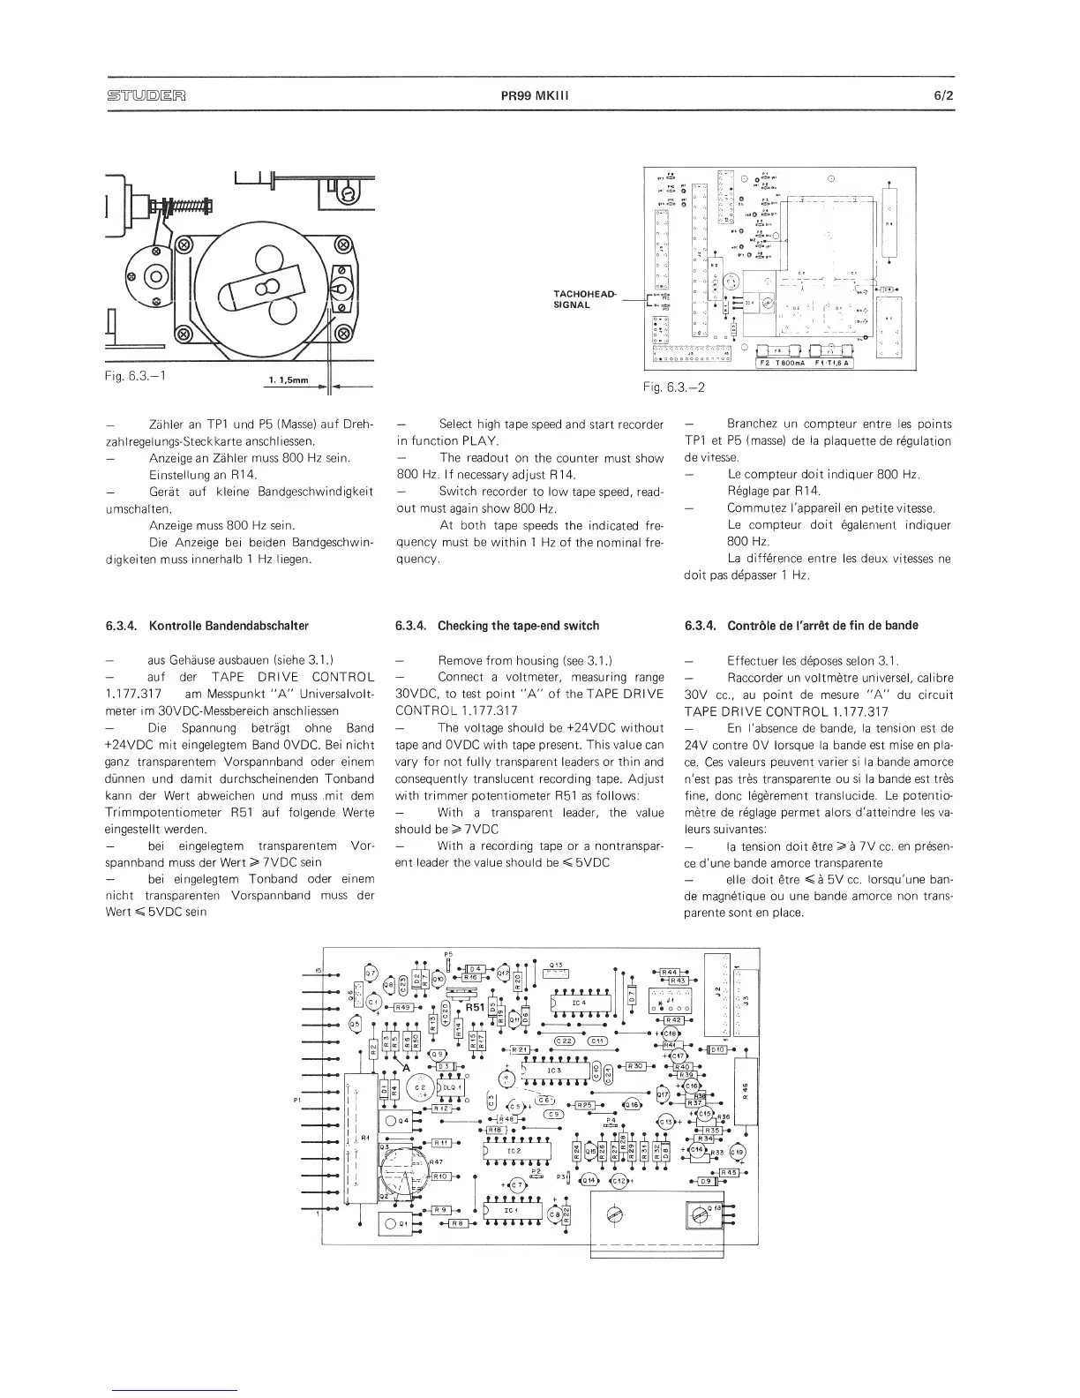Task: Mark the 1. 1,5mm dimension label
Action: pyautogui.click(x=286, y=380)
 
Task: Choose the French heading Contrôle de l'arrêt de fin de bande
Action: pyautogui.click(x=822, y=626)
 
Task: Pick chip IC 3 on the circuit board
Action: pyautogui.click(x=555, y=1071)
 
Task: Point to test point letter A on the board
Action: pyautogui.click(x=407, y=1067)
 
